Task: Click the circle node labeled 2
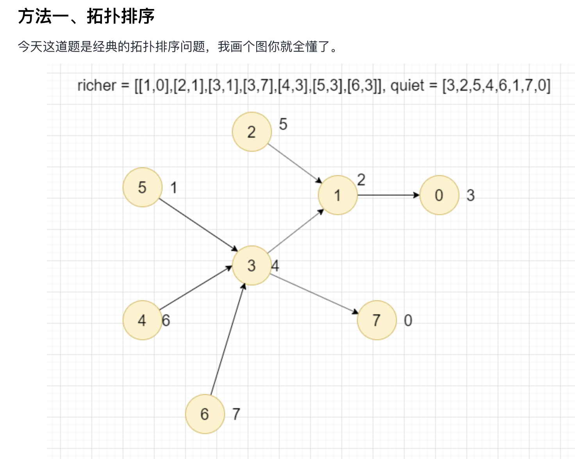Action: coord(252,132)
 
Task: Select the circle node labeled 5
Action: coord(142,187)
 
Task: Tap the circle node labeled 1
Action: coord(337,195)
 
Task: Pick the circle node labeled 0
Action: coord(439,195)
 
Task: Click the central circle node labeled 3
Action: coord(252,265)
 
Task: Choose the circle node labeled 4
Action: coord(142,320)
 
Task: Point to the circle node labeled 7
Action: coord(377,320)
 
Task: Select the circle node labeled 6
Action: coord(205,414)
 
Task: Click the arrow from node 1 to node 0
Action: coord(388,195)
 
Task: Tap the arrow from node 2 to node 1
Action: coord(295,163)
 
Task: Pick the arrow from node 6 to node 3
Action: coord(228,339)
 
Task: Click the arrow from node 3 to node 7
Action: coord(314,293)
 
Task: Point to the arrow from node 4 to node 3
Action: coord(195,288)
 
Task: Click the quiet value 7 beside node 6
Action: coord(236,414)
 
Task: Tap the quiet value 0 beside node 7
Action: coord(408,321)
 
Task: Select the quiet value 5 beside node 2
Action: coord(283,124)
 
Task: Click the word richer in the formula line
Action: coord(97,85)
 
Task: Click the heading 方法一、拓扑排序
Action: coord(86,16)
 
